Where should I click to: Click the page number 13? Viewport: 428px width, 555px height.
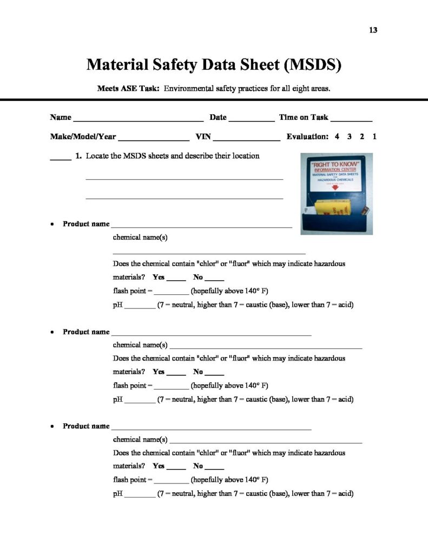point(373,30)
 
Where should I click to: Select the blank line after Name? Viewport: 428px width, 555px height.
point(138,119)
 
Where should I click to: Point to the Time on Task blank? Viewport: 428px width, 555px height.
point(351,119)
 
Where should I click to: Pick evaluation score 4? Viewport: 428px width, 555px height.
point(337,137)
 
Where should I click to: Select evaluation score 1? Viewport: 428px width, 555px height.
point(374,137)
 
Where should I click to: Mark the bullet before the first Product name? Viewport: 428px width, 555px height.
point(52,224)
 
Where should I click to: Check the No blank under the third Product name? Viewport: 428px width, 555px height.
point(215,468)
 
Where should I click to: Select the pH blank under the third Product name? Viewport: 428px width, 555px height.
point(140,495)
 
